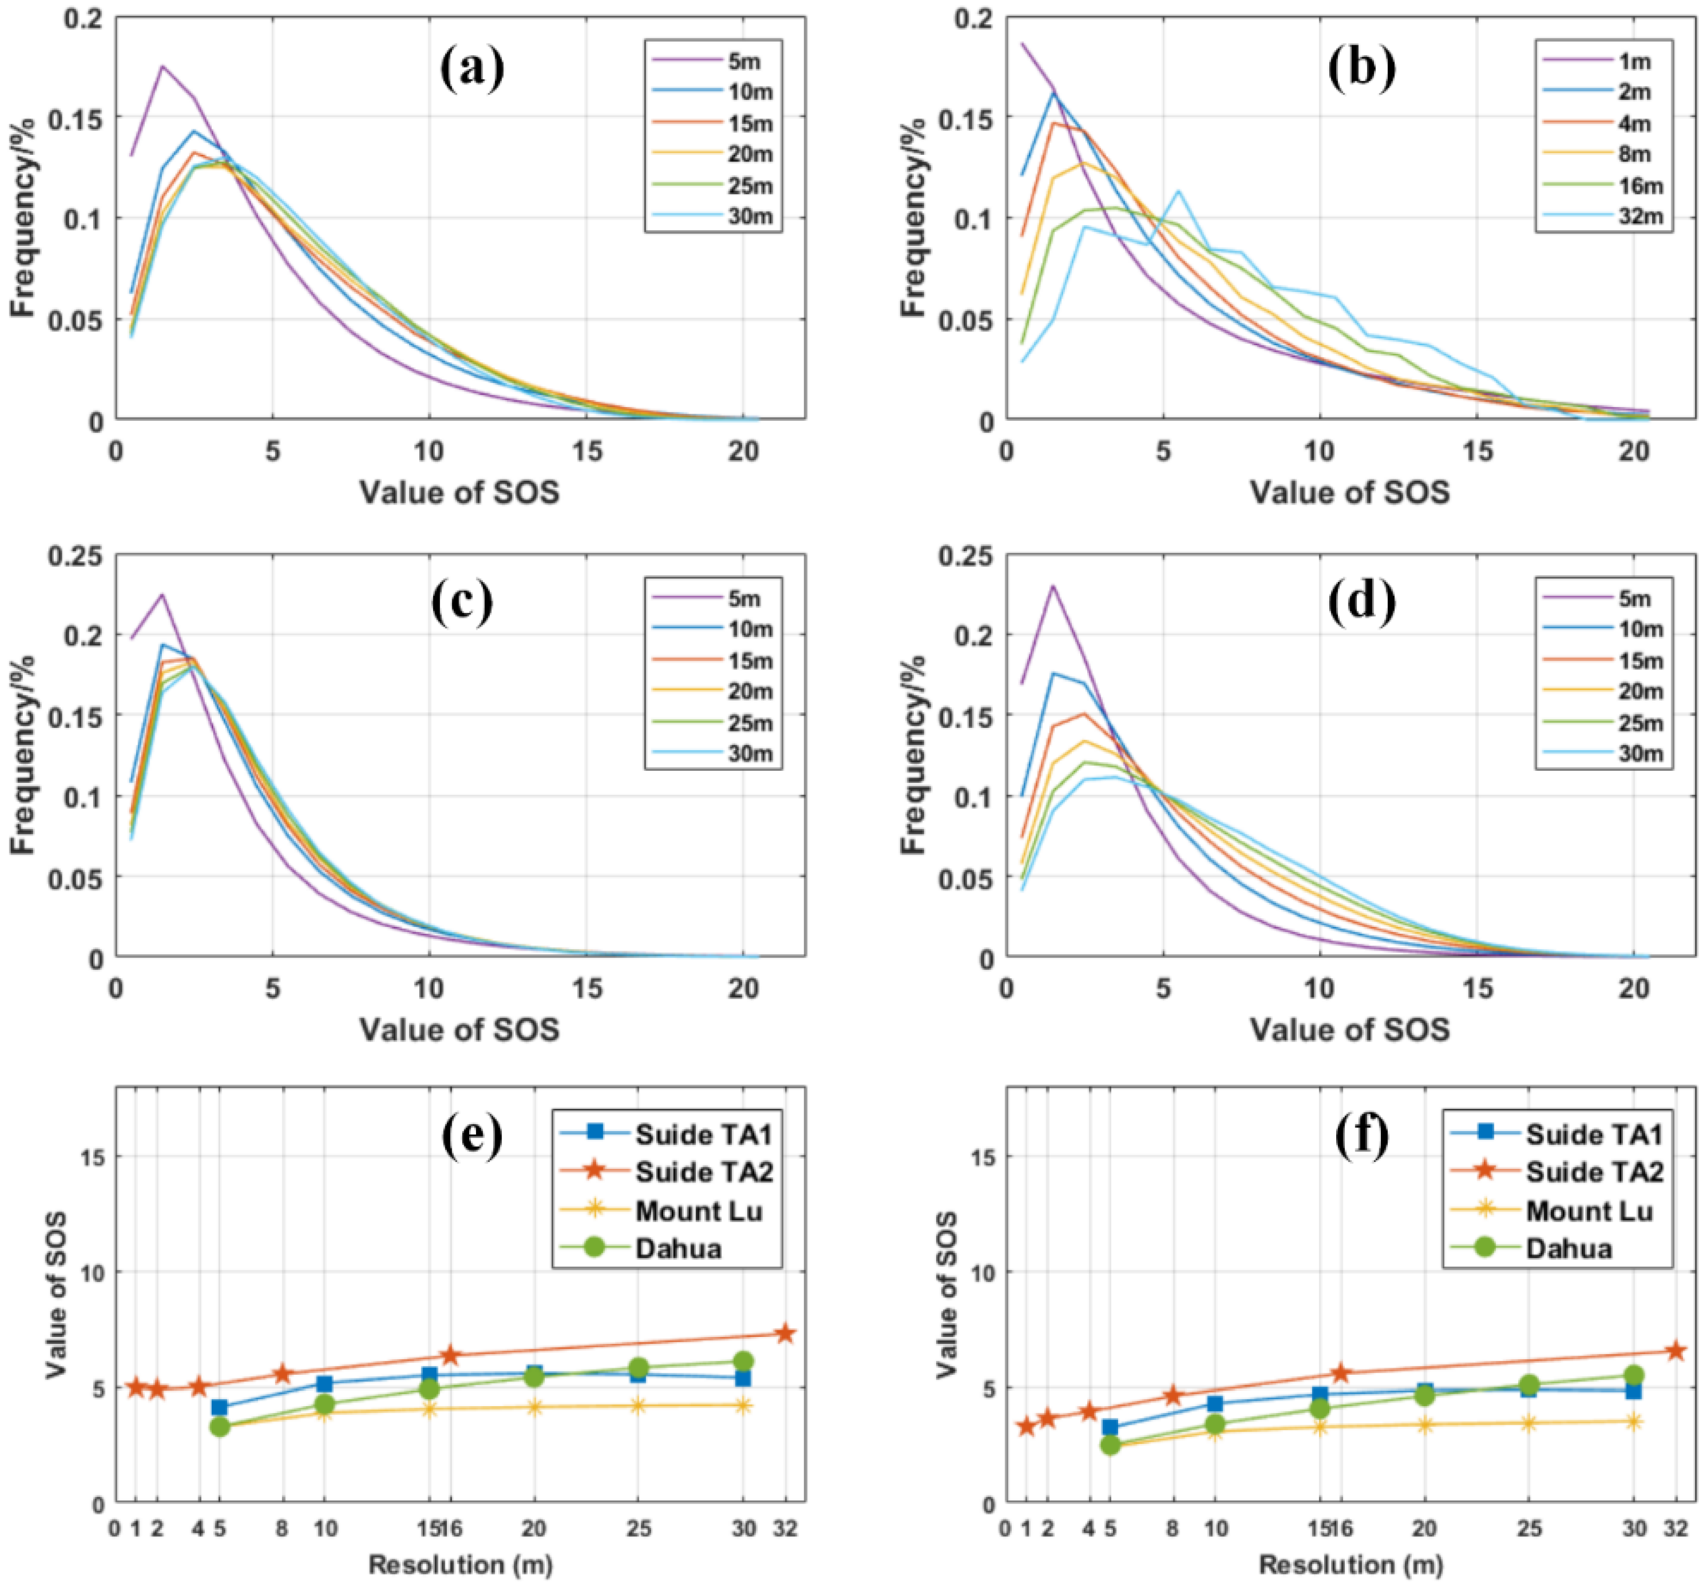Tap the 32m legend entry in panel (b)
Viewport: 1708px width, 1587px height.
click(1617, 217)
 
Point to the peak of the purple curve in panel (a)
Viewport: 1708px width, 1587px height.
click(162, 66)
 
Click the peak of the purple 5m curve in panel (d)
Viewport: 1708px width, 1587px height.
click(1053, 586)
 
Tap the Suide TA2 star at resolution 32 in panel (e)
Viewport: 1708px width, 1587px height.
click(785, 1334)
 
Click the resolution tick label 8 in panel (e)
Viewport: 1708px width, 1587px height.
click(282, 1528)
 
